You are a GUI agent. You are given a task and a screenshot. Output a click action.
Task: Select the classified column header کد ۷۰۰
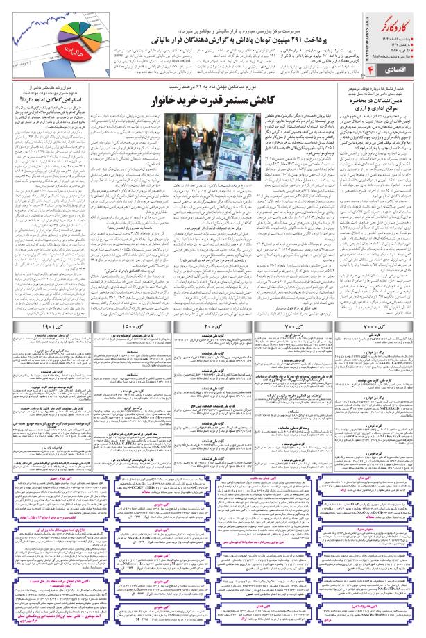294,267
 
